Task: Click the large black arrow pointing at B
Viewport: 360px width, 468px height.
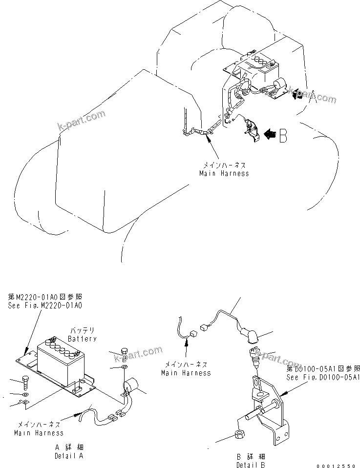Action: [x=270, y=134]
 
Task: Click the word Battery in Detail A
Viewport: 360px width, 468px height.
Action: [x=82, y=338]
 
